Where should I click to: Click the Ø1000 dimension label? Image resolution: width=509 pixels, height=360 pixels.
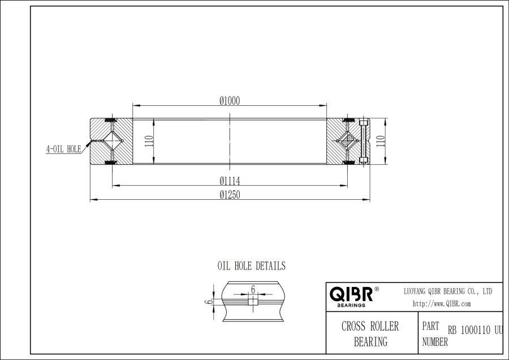[x=230, y=100]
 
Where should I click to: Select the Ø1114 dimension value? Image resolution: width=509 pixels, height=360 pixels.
[x=230, y=181]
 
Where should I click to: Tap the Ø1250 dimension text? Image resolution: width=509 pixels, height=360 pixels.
[x=230, y=194]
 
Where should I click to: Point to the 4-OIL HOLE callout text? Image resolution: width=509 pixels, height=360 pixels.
[x=63, y=149]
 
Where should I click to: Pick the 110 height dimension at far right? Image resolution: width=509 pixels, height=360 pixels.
[x=381, y=141]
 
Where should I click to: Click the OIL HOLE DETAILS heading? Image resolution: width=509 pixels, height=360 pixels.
[x=251, y=266]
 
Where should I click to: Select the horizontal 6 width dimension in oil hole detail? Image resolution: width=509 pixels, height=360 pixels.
[x=253, y=289]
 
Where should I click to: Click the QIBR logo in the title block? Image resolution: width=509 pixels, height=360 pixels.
[x=351, y=294]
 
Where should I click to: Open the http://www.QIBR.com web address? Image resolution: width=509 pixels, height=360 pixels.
[x=442, y=304]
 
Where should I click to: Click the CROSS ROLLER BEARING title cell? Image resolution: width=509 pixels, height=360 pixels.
[x=370, y=334]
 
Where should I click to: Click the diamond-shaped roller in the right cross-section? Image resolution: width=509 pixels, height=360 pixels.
[x=346, y=141]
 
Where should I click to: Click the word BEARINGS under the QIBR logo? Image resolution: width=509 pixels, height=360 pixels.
[x=351, y=305]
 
